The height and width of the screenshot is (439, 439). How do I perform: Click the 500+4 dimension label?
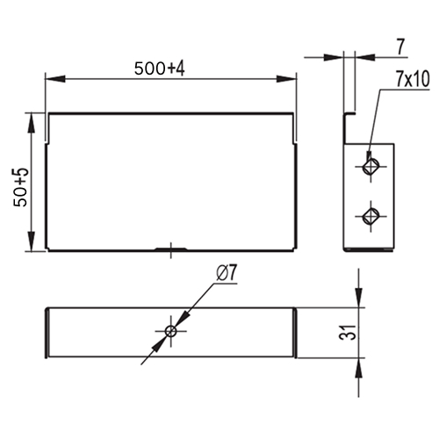[x=160, y=68]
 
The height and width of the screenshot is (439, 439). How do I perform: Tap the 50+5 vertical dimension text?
[x=21, y=188]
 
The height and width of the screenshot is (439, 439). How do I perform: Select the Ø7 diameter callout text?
[x=227, y=274]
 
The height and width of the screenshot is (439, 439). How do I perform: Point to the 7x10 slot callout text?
[x=413, y=79]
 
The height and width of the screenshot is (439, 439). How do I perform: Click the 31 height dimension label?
[x=348, y=333]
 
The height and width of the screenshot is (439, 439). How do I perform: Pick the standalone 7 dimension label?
[x=400, y=47]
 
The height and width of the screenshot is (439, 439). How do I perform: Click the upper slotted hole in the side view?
[x=371, y=167]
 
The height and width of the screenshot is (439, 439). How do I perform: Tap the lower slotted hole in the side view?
[x=371, y=217]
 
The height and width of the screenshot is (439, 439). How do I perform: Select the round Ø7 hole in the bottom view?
[x=170, y=332]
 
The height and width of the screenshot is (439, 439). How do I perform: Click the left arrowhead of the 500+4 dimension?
[x=55, y=79]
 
